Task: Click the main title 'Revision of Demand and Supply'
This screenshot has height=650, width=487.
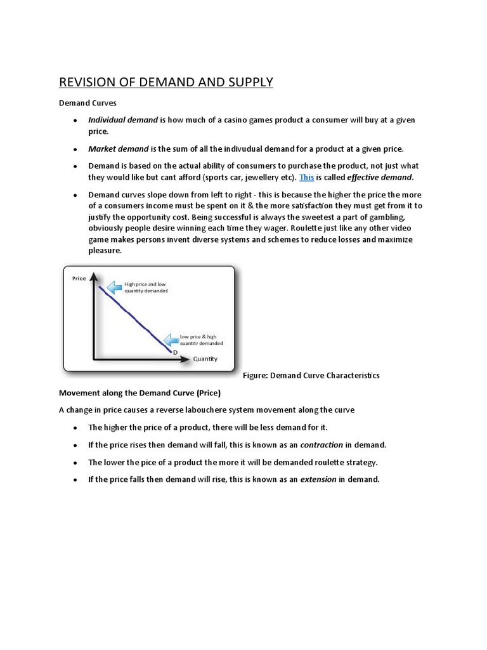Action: click(x=166, y=82)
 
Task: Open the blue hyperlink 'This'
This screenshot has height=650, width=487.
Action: click(x=306, y=177)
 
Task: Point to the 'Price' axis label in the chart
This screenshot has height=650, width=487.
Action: click(x=79, y=279)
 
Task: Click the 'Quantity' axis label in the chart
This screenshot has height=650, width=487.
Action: click(x=205, y=359)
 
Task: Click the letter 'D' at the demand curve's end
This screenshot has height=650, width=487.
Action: click(x=174, y=352)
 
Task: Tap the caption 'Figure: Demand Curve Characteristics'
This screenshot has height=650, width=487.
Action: click(x=311, y=375)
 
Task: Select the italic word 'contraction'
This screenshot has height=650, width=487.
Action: click(x=321, y=445)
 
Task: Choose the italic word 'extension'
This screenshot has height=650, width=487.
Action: click(x=318, y=479)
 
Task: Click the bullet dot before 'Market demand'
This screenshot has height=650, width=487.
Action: click(x=75, y=149)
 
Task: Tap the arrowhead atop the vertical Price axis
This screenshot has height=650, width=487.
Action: click(x=94, y=276)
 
